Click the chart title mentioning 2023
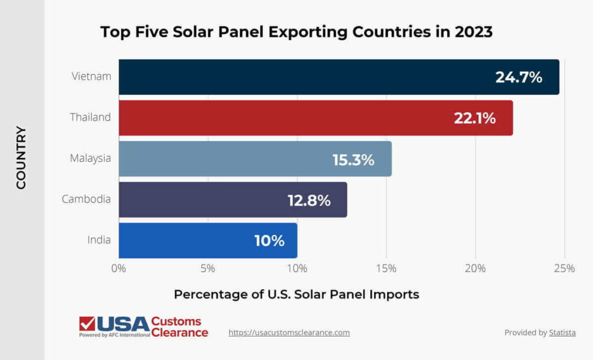[x=296, y=32]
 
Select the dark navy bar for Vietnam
[x=301, y=77]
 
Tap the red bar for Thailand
[x=278, y=118]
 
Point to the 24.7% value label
[x=518, y=77]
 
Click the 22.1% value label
[x=474, y=118]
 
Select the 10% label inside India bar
[x=269, y=241]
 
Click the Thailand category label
[x=90, y=117]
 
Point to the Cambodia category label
[x=86, y=199]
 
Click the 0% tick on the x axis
[x=119, y=269]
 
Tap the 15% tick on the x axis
[x=386, y=269]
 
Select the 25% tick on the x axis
[x=564, y=269]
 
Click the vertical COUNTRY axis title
[x=21, y=158]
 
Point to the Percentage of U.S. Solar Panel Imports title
[x=296, y=295]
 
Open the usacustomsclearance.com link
[x=289, y=333]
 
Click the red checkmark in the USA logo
[x=87, y=323]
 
